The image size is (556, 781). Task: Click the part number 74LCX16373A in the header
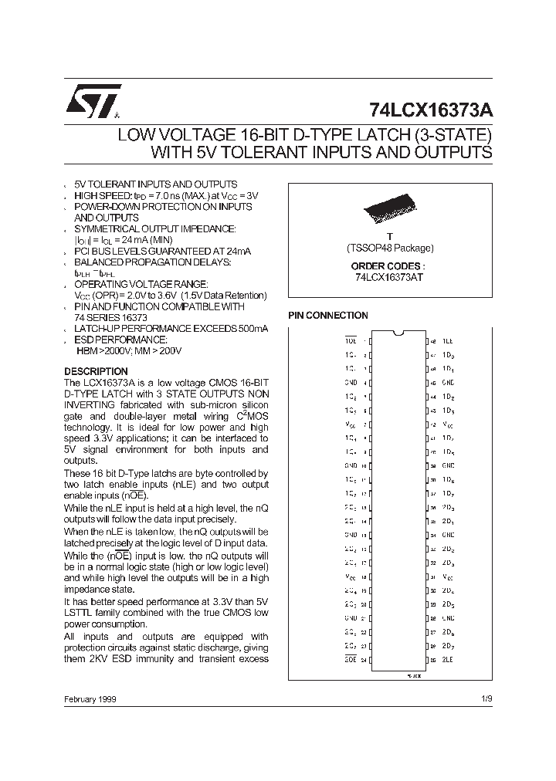pyautogui.click(x=428, y=110)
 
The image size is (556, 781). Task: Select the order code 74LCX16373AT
pyautogui.click(x=389, y=277)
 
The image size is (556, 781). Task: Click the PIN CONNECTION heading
pyautogui.click(x=328, y=316)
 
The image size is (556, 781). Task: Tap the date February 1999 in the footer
pyautogui.click(x=91, y=699)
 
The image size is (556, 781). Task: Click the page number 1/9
pyautogui.click(x=486, y=699)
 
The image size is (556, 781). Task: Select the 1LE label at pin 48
pyautogui.click(x=448, y=340)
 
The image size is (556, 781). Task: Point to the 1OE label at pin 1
pyautogui.click(x=350, y=340)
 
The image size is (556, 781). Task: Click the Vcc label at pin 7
pyautogui.click(x=350, y=424)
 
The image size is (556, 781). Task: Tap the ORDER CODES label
pyautogui.click(x=390, y=265)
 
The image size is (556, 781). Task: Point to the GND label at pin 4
pyautogui.click(x=350, y=382)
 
